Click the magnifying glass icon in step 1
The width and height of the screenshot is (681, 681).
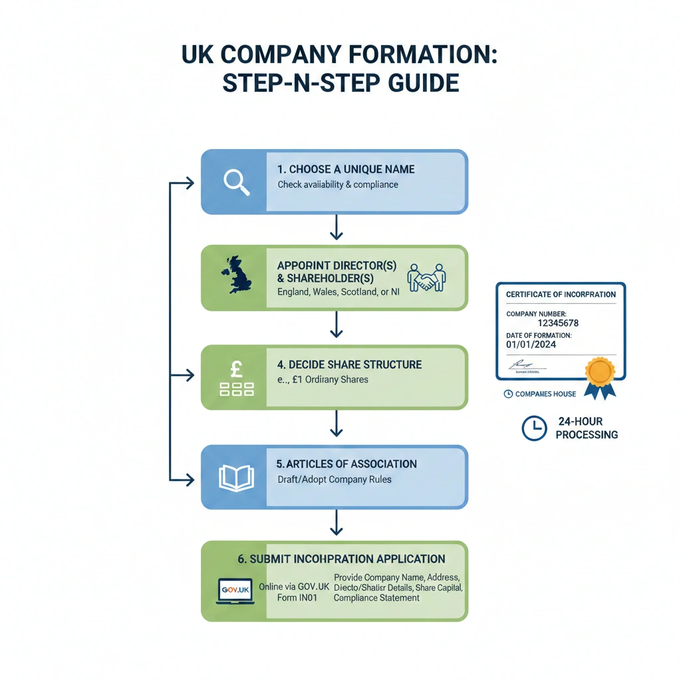[x=236, y=182]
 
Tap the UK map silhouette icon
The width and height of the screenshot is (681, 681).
[x=237, y=275]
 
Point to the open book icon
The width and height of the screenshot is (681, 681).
[x=236, y=478]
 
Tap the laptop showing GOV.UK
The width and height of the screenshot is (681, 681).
[x=235, y=591]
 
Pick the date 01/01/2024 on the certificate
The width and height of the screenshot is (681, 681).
[x=531, y=344]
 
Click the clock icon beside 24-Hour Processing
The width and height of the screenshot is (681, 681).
[x=534, y=429]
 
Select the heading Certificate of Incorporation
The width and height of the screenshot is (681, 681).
[x=561, y=294]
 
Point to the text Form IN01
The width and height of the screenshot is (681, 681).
[x=297, y=598]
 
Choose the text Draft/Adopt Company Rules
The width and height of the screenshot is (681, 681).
[x=335, y=479]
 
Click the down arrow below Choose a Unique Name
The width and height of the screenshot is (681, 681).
[x=336, y=229]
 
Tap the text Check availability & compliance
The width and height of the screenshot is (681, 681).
[x=338, y=184]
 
